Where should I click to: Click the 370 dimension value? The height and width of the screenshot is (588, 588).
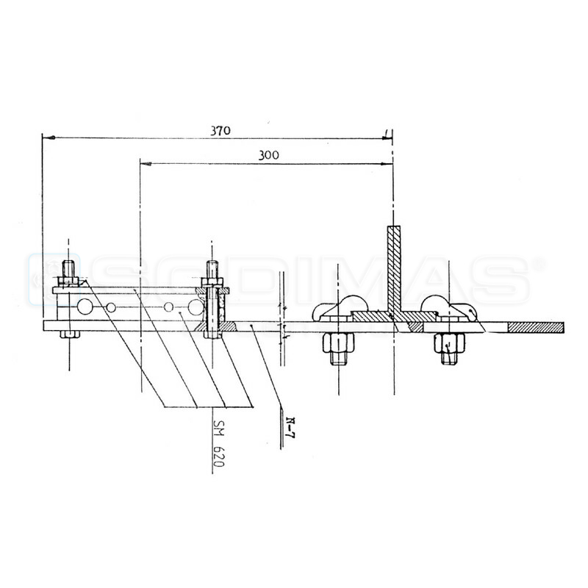coord(219,131)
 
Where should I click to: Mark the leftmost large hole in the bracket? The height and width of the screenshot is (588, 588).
coord(86,306)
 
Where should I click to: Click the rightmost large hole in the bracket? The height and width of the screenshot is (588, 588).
coord(196,306)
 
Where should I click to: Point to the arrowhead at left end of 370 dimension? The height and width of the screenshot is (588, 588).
coord(46,137)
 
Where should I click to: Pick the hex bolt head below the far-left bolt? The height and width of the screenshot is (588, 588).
coord(68,334)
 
